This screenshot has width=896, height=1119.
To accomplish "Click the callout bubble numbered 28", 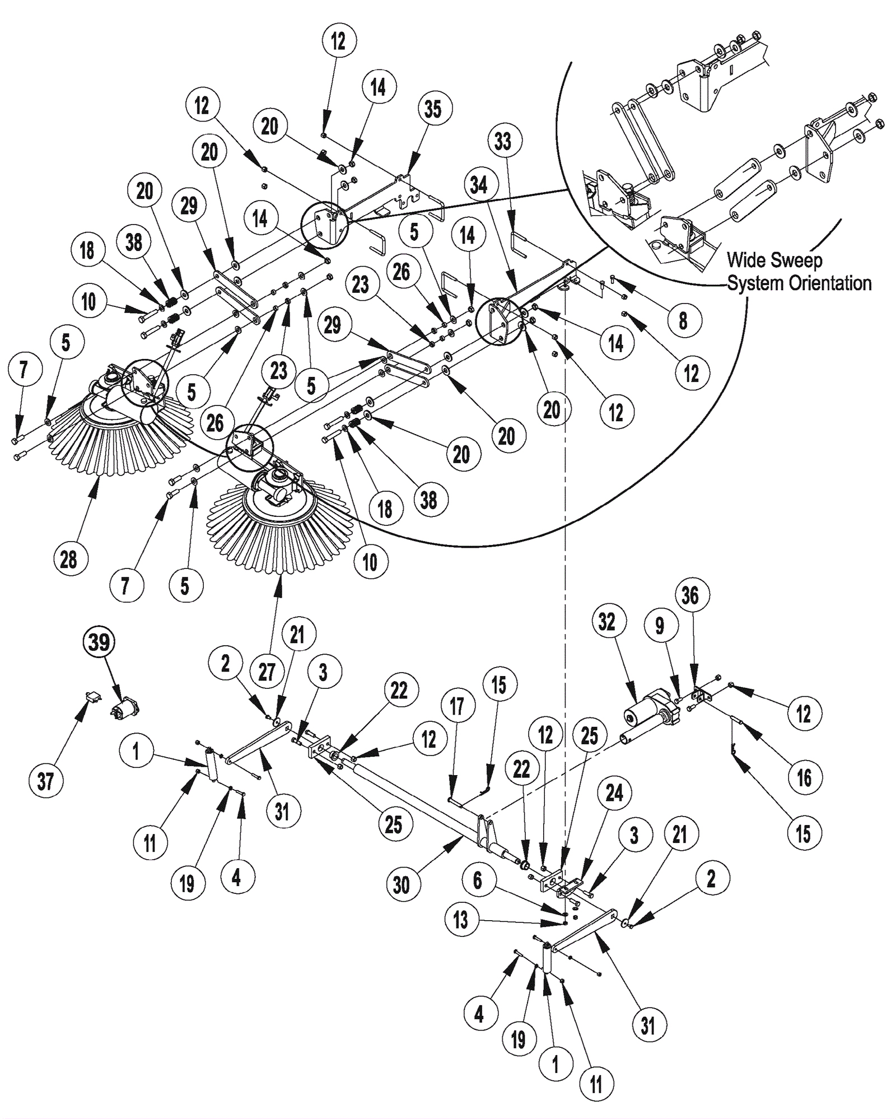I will pos(69,558).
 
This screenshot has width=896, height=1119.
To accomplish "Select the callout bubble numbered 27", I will pos(267,671).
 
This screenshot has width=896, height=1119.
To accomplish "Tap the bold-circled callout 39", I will pos(99,642).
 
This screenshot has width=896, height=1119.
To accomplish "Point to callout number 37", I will pos(46,781).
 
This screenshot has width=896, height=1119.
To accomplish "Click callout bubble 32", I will pos(607,622).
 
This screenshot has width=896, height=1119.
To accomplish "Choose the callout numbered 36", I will pos(690,595).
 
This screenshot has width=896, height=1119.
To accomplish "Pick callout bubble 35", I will pos(433,109).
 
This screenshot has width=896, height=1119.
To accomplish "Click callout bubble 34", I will pos(479,185).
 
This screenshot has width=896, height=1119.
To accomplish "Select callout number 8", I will pos(683,321).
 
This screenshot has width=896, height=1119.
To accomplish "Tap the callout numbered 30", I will pos(402,885).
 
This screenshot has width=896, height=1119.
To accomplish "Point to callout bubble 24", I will pos(614,792).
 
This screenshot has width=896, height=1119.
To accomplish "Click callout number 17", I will pos(457,706).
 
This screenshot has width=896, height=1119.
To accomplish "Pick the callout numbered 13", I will pos(460,920).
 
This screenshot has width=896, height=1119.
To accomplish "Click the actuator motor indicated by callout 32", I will pos(650,715).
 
